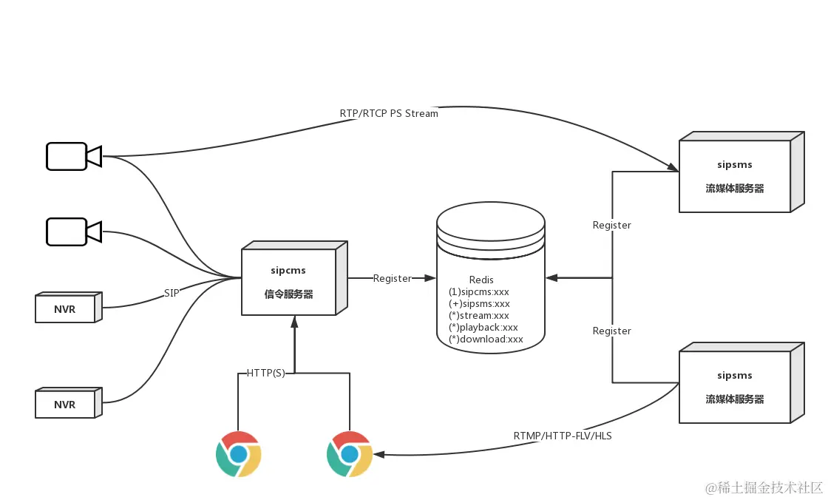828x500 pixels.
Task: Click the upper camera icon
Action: (72, 156)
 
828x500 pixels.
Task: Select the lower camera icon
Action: (72, 232)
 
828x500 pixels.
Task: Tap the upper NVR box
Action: (67, 308)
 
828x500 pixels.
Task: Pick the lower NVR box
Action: (67, 404)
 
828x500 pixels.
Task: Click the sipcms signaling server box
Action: (289, 282)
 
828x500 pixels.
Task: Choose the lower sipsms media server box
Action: (735, 387)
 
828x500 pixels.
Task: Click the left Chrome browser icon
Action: (238, 454)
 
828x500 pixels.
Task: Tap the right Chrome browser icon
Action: (350, 454)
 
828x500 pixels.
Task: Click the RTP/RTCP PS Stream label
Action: (389, 114)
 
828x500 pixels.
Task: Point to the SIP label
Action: (172, 293)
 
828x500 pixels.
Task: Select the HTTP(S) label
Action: (265, 374)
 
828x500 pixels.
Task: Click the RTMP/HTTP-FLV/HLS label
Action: (563, 436)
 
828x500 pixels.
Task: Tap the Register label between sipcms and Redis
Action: (392, 278)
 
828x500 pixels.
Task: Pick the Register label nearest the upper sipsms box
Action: (612, 225)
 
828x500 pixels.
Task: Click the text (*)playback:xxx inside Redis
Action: (483, 327)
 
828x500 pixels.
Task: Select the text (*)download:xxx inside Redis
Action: (486, 339)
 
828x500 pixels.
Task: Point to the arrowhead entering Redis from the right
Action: (552, 277)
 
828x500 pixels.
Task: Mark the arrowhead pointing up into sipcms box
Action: (294, 322)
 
